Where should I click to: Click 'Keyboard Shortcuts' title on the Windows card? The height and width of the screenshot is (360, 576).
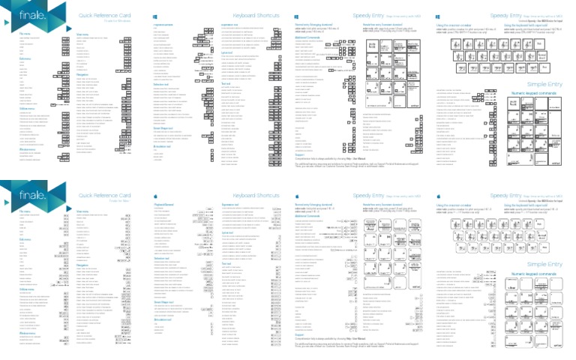coord(255,14)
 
